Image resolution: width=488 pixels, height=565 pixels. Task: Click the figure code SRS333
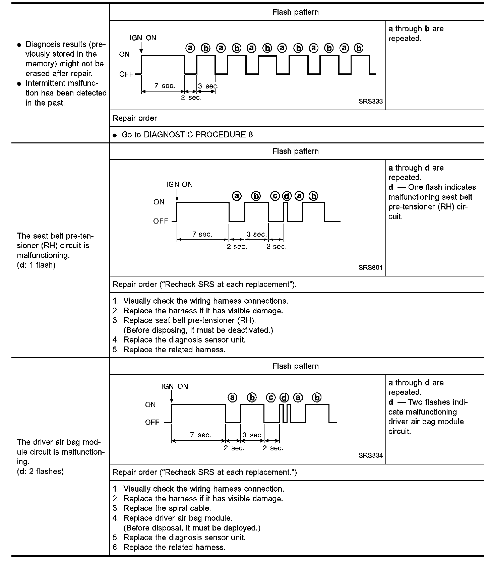point(370,102)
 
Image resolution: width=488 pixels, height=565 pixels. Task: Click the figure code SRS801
point(370,268)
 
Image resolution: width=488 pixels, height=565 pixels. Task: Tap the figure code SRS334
point(370,456)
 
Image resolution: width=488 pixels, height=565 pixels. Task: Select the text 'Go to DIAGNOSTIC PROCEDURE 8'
point(187,135)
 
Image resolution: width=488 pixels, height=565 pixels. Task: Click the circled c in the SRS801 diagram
point(275,196)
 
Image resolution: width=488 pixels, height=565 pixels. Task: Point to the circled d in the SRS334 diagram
point(284,398)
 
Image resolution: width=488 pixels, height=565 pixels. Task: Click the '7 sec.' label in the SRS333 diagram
point(165,86)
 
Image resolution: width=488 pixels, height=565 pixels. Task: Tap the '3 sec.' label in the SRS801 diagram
point(257,234)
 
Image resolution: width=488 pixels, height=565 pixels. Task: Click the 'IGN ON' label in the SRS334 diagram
point(175,386)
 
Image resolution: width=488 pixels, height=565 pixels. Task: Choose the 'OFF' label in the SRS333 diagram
point(126,74)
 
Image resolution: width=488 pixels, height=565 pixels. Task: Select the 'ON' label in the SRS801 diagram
point(159,202)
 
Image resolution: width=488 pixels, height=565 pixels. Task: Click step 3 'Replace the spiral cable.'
point(167,508)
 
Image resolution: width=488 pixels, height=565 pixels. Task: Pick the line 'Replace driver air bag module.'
point(178,518)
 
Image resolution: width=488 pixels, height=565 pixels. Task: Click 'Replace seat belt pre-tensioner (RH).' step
point(189,320)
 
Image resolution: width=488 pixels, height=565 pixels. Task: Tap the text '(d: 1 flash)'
point(36,265)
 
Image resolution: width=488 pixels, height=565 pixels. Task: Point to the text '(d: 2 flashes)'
point(40,472)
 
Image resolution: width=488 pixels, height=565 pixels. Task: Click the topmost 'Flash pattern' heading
point(295,12)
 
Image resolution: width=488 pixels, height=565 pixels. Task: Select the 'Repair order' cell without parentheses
point(135,118)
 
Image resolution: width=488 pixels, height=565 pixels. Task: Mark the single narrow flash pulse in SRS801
point(286,212)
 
